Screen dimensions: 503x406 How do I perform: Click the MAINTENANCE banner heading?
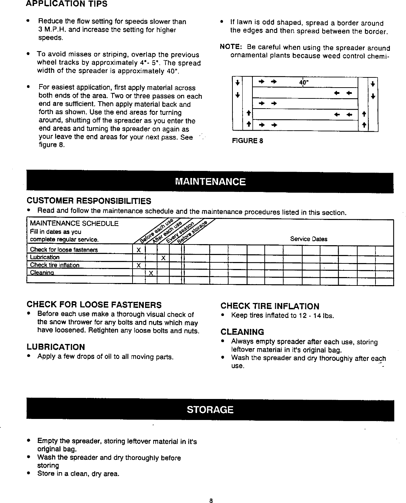[x=210, y=182]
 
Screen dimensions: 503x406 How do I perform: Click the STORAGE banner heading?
[x=210, y=409]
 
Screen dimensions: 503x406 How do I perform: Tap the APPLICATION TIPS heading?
[x=67, y=5]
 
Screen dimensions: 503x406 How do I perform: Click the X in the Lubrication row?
[x=163, y=258]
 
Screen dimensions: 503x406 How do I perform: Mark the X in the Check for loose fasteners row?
[x=138, y=250]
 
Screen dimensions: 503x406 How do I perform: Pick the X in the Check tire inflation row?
[x=138, y=265]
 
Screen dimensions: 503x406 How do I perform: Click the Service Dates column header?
[x=309, y=239]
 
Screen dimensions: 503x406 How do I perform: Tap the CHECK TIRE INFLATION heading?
[x=270, y=306]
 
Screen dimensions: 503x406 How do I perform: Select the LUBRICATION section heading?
[x=56, y=347]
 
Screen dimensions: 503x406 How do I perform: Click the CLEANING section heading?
[x=242, y=332]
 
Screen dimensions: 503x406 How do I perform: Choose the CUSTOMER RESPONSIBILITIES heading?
[x=89, y=201]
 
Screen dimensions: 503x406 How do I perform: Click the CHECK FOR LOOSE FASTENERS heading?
[x=94, y=304]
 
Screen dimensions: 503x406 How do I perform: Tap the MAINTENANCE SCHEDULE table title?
[x=74, y=223]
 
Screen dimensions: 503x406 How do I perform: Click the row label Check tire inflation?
[x=55, y=265]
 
